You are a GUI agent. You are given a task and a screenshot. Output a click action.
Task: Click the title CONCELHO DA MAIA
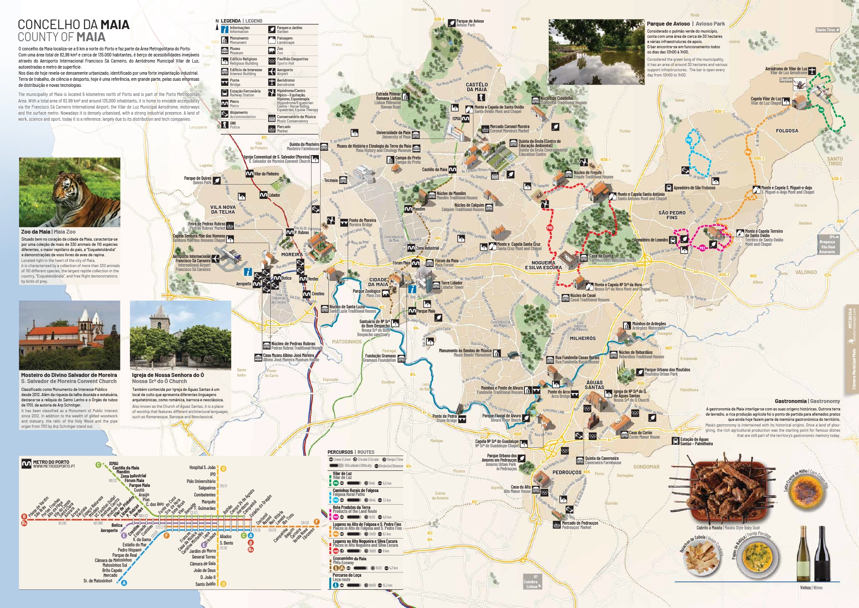pyautogui.click(x=73, y=25)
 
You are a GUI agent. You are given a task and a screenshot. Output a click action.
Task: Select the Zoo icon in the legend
pyautogui.click(x=272, y=50)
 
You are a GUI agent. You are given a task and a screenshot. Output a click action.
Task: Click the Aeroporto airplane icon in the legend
pyautogui.click(x=272, y=72)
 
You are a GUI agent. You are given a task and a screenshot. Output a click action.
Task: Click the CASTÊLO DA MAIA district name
pyautogui.click(x=477, y=87)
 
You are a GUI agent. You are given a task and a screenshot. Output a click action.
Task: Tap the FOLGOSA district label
pyautogui.click(x=787, y=131)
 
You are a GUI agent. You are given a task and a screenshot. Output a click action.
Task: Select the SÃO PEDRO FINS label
pyautogui.click(x=672, y=215)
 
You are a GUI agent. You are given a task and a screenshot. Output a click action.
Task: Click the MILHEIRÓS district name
pyautogui.click(x=583, y=338)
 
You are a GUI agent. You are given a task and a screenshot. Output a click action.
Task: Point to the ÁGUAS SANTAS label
pyautogui.click(x=594, y=385)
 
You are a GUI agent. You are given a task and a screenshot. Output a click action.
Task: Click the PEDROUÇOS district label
pyautogui.click(x=567, y=472)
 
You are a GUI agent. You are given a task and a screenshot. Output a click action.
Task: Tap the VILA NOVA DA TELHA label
pyautogui.click(x=223, y=209)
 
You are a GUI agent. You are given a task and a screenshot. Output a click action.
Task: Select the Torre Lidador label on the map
pyautogui.click(x=451, y=284)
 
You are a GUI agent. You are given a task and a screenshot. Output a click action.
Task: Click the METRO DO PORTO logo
pyautogui.click(x=26, y=464)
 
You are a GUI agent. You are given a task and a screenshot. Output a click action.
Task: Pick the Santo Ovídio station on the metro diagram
pyautogui.click(x=205, y=584)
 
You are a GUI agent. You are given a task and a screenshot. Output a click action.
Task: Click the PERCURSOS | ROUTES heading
pyautogui.click(x=351, y=452)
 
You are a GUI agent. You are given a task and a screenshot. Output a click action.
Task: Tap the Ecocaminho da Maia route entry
pyautogui.click(x=349, y=558)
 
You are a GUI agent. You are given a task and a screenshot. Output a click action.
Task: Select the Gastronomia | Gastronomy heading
pyautogui.click(x=807, y=401)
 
